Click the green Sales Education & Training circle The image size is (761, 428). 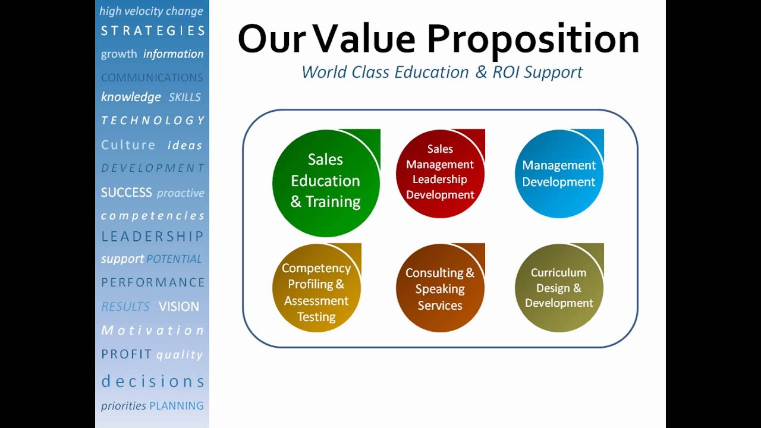click(325, 181)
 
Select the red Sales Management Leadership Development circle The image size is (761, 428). click(440, 172)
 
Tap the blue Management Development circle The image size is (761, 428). click(559, 173)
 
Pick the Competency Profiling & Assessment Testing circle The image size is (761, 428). click(316, 292)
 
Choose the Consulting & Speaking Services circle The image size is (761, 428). click(440, 289)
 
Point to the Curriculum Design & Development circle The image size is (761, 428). click(559, 288)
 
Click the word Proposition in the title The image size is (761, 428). click(533, 39)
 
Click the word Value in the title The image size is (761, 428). click(364, 39)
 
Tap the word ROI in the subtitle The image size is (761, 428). click(505, 73)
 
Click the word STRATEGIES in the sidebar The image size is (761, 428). click(153, 31)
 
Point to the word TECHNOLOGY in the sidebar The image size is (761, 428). click(153, 121)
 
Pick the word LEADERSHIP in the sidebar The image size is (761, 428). click(153, 237)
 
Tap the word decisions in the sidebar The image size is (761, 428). click(153, 381)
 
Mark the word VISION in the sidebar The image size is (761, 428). click(178, 307)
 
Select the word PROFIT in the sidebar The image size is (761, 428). click(127, 354)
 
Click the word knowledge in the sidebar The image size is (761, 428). click(131, 97)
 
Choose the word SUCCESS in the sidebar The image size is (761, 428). click(127, 193)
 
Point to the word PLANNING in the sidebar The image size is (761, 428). click(177, 406)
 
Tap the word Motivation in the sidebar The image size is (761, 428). click(153, 331)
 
